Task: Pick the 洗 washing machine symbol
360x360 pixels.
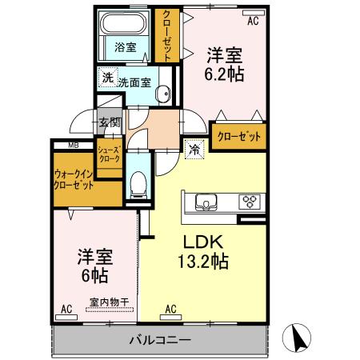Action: (106, 78)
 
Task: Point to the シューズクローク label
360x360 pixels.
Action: (109, 154)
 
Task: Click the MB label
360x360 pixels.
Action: (73, 145)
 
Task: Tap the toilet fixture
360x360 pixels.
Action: (137, 184)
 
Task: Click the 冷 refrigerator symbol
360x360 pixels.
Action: (194, 149)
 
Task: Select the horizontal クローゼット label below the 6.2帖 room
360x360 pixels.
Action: (238, 136)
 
